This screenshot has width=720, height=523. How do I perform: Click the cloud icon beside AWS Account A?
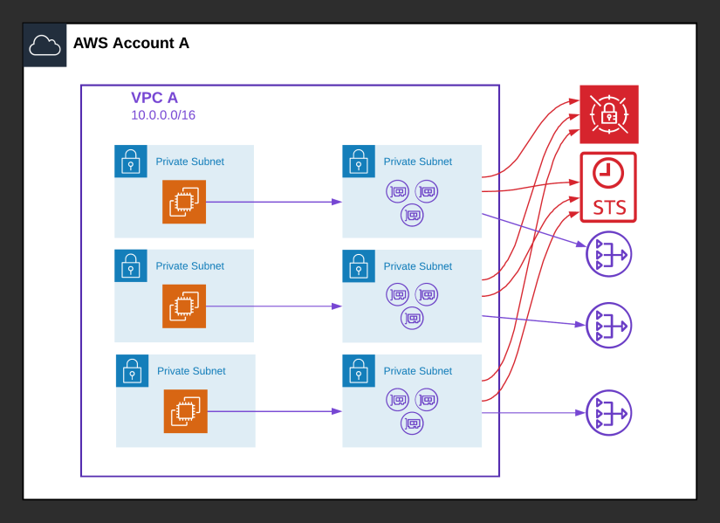[x=45, y=45]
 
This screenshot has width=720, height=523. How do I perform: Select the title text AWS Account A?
[x=131, y=43]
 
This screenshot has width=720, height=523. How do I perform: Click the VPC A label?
[x=154, y=98]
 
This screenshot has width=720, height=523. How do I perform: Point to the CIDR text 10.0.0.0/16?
[x=163, y=115]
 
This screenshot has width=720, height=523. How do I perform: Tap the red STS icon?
[x=608, y=188]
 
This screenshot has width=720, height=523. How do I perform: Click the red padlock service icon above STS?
[x=609, y=114]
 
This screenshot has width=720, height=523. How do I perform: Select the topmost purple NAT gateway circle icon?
[x=608, y=254]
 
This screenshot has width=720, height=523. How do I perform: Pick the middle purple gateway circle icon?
[x=608, y=326]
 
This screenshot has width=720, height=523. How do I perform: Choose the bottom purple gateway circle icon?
[x=608, y=413]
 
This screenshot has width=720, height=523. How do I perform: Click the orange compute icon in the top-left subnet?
[x=184, y=202]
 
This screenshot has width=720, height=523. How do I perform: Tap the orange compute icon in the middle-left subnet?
[x=184, y=306]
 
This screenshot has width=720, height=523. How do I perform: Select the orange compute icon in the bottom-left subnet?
[x=186, y=411]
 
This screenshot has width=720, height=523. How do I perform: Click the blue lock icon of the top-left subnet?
[x=131, y=162]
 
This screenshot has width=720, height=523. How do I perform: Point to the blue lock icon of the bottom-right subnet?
[x=359, y=371]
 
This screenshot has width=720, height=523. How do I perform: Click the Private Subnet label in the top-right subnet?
[x=418, y=162]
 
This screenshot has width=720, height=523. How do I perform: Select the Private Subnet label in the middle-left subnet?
[x=189, y=266]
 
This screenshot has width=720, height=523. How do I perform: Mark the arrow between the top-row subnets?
[x=273, y=202]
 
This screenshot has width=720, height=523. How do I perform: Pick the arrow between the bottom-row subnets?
[x=274, y=411]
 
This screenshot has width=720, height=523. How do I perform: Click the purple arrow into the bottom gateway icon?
[x=533, y=413]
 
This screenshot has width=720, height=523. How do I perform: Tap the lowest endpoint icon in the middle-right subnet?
[x=412, y=319]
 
